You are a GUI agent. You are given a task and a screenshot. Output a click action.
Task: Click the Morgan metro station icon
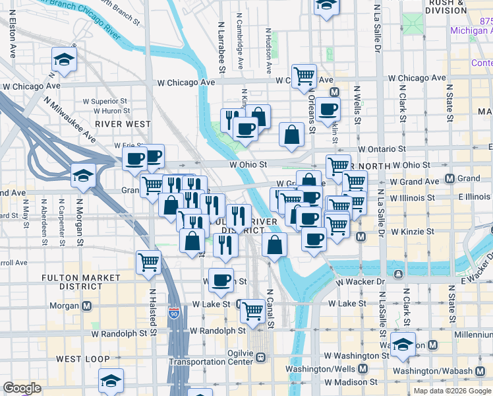pos(88,306)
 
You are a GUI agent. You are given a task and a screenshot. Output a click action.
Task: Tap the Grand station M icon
pos(451,178)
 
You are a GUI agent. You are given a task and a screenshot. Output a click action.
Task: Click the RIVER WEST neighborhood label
pos(123,123)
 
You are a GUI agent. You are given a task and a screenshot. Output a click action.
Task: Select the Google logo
pos(22,388)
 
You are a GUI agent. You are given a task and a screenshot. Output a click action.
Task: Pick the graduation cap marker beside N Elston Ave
pos(64,60)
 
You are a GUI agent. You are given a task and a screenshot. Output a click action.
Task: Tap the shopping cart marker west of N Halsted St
pos(148,262)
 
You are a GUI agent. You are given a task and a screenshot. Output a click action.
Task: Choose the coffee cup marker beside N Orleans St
pos(328,110)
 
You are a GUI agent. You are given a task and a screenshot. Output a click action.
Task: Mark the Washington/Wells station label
pos(353,370)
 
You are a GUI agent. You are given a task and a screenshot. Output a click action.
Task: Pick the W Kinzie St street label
pos(414,232)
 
